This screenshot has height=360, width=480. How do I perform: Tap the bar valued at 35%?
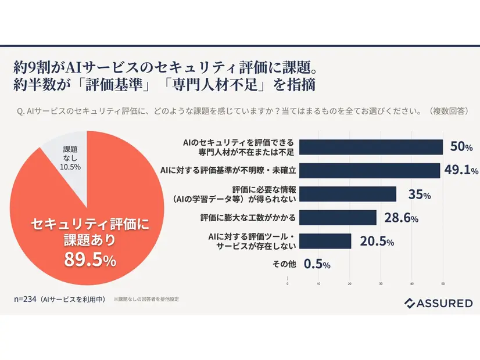[342, 194]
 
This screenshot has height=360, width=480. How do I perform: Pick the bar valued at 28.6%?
[332, 218]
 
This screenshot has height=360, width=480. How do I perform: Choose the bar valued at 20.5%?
[320, 241]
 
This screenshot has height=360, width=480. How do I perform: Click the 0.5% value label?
[317, 264]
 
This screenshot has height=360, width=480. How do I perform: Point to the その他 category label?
[284, 264]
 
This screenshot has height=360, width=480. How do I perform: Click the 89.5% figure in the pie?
[90, 260]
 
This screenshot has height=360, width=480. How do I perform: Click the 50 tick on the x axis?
[443, 284]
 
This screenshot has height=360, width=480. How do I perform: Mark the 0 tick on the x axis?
[288, 284]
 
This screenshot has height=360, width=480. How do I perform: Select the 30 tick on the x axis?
[381, 284]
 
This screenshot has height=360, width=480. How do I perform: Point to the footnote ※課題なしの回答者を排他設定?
[146, 300]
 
